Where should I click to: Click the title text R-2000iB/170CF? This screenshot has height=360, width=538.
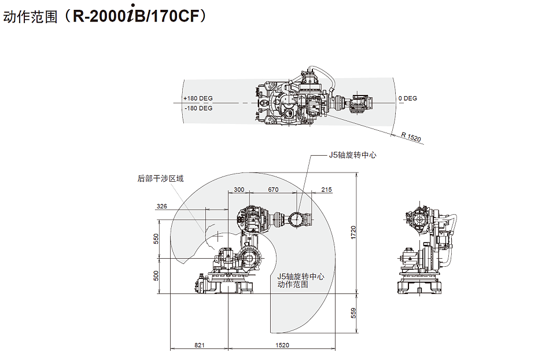click(x=138, y=17)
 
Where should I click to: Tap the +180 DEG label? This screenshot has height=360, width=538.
click(x=198, y=98)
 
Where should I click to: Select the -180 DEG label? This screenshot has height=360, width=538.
click(x=198, y=108)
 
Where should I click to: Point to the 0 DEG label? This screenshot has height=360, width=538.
click(x=407, y=98)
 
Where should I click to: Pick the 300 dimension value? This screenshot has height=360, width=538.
click(x=238, y=190)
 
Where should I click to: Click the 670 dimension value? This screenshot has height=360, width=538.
click(x=274, y=190)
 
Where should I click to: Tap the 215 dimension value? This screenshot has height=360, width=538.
click(x=326, y=190)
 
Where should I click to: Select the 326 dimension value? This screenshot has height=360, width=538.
click(x=162, y=207)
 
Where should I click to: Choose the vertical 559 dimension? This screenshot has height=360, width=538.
click(x=353, y=313)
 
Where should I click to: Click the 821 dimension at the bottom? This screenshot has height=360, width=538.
click(x=199, y=345)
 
